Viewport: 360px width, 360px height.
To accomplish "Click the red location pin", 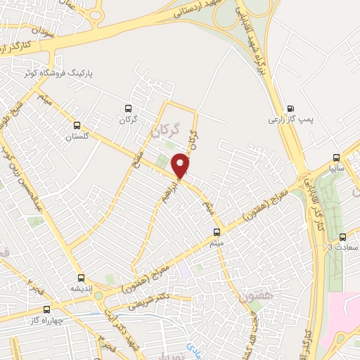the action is pyautogui.click(x=181, y=165).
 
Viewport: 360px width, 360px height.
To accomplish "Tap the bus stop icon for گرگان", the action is pyautogui.click(x=127, y=108).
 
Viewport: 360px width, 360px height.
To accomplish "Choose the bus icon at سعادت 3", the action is pyautogui.click(x=342, y=237).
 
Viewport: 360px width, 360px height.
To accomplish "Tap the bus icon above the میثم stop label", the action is pyautogui.click(x=217, y=231).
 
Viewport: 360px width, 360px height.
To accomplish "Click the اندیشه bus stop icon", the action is pyautogui.click(x=81, y=278).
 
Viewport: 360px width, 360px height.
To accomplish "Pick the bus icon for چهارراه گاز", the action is pyautogui.click(x=47, y=309).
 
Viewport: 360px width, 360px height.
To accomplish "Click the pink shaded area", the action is pyautogui.click(x=345, y=324).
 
